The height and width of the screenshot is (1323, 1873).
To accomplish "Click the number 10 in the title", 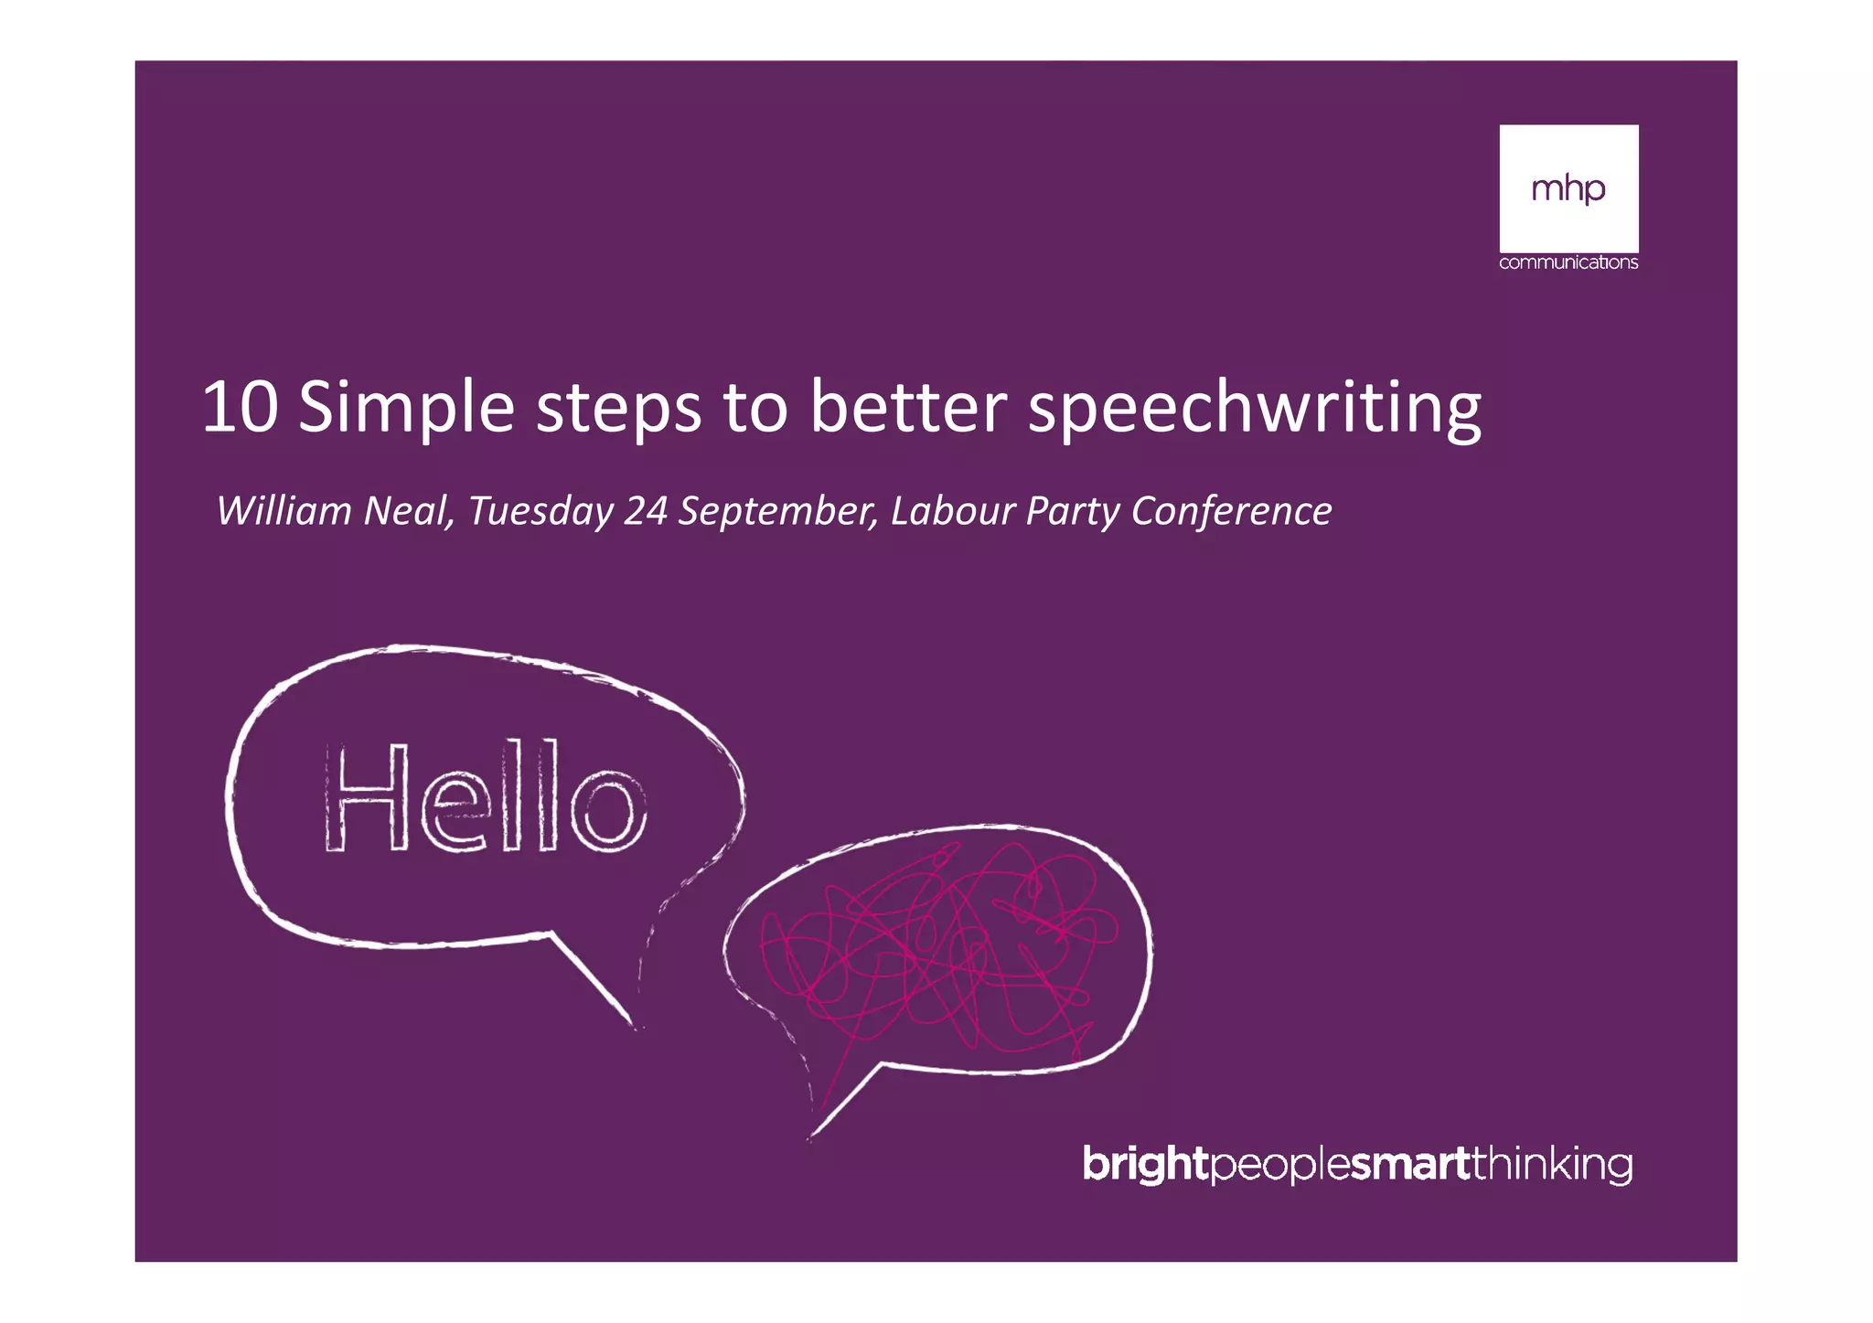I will [x=240, y=407].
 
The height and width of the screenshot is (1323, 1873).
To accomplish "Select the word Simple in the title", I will [x=406, y=409].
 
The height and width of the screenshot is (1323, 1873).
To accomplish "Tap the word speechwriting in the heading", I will [x=1254, y=409].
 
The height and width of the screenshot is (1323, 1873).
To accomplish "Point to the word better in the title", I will [x=907, y=407].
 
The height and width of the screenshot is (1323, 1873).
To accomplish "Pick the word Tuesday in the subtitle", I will [x=540, y=512].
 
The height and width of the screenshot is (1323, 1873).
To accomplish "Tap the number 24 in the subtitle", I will [x=646, y=510].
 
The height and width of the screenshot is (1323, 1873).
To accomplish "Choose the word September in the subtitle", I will [x=777, y=512].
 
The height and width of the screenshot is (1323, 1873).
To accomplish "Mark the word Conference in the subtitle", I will [x=1231, y=510].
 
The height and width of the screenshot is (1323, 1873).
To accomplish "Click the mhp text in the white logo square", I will [x=1568, y=189].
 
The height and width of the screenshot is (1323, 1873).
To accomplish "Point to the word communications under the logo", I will [x=1568, y=262].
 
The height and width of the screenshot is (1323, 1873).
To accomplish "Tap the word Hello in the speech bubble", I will [x=485, y=797].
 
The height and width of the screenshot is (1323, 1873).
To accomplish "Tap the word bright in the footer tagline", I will [x=1144, y=1165].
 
